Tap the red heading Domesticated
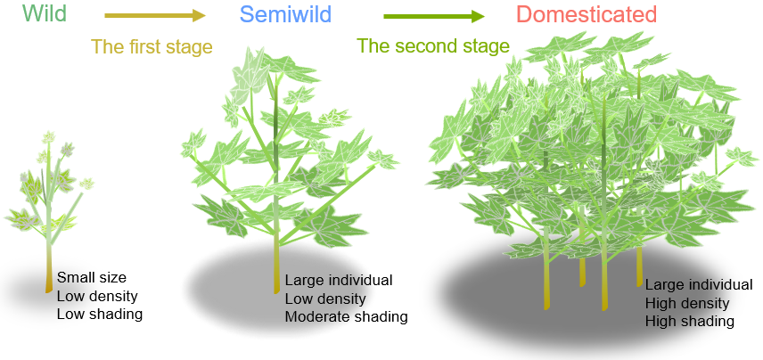coord(586,15)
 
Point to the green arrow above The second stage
coord(433,16)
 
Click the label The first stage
coord(152,46)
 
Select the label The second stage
coord(432,46)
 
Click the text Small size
coord(92,276)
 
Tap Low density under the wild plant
coord(97,295)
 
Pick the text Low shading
coord(99,314)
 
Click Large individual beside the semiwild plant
coord(339,280)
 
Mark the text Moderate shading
coord(346,317)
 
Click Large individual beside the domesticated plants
coord(699,284)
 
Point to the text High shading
coord(689,321)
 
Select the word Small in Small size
coord(74,276)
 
